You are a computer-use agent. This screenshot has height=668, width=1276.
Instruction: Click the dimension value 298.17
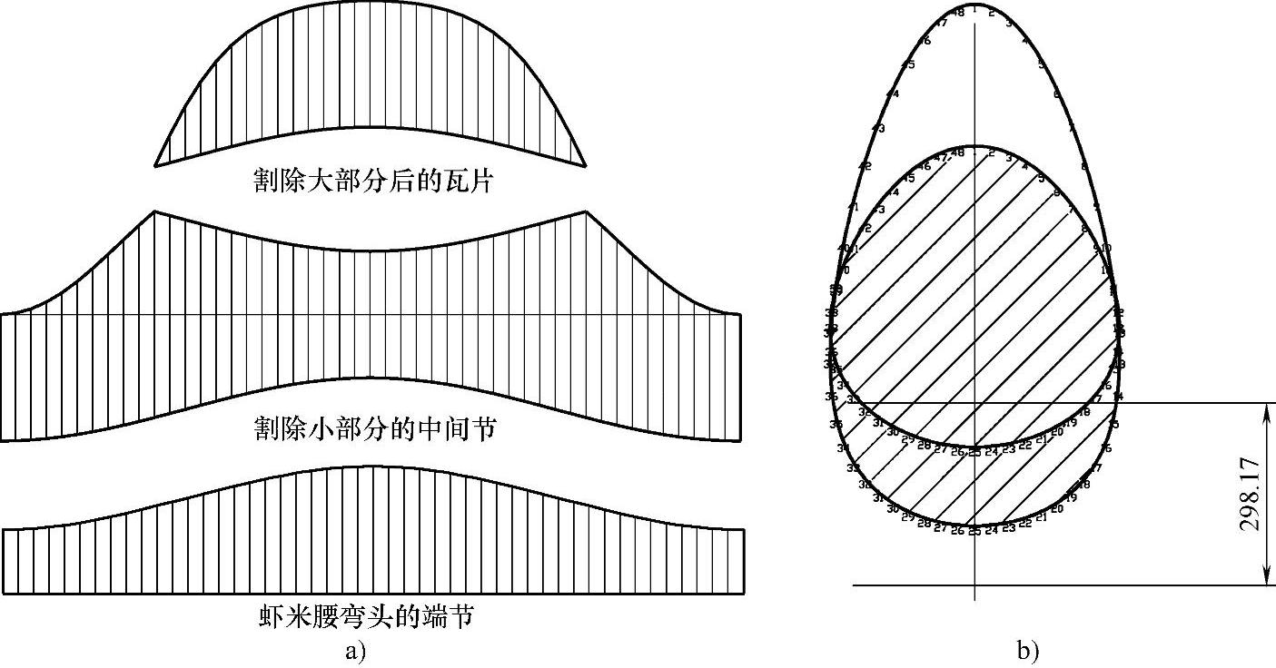[1251, 494]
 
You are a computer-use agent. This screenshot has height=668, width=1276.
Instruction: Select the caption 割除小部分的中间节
[374, 428]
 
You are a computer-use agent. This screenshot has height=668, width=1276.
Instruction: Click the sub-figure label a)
[355, 650]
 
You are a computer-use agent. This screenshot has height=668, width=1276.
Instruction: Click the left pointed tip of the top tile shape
[155, 165]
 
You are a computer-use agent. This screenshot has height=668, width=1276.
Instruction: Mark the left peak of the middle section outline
[154, 211]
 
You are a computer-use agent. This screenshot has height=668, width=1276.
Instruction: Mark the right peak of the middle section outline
[586, 212]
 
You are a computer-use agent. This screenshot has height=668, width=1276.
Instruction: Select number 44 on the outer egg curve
[893, 93]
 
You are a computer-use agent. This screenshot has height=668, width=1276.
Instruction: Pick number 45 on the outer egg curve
[908, 64]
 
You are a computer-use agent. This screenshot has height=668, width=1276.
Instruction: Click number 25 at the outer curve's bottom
[974, 531]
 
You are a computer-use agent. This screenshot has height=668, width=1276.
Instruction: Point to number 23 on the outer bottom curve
[1009, 527]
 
